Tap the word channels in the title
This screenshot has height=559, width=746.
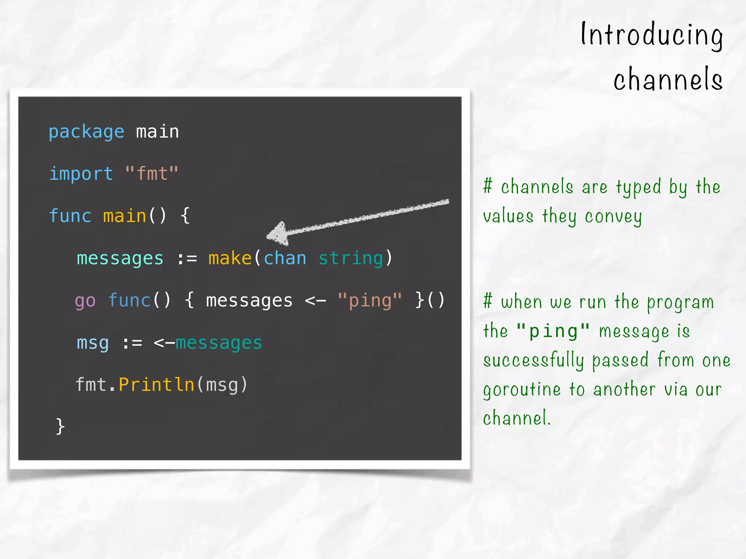668,79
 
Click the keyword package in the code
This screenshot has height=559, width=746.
86,132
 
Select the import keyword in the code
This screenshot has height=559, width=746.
81,174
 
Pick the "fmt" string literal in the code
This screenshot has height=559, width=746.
152,174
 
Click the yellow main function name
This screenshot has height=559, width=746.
124,216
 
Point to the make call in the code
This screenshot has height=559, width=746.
230,258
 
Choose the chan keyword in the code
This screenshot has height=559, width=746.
285,258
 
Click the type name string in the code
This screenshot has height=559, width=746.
351,258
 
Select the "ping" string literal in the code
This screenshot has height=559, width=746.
370,301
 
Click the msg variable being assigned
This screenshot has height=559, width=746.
93,343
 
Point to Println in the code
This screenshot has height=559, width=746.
157,385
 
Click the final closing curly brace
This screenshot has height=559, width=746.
60,426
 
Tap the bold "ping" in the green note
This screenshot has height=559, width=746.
553,331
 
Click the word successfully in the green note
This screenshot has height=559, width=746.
533,361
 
